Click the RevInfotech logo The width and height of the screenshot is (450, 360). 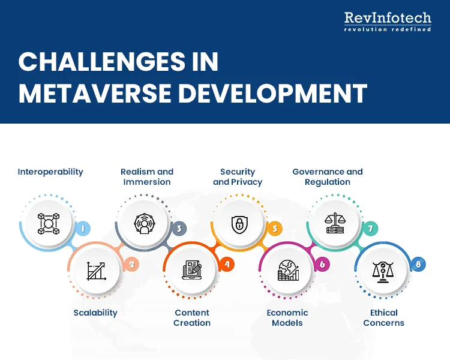388,22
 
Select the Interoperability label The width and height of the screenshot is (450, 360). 50,172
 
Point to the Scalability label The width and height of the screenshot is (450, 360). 95,313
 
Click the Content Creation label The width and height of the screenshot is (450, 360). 192,317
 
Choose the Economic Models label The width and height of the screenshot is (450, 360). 287,317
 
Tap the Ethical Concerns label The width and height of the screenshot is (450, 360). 384,317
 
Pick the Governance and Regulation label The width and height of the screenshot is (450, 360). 328,176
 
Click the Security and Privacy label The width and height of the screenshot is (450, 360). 238,176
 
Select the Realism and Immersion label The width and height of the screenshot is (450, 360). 147,176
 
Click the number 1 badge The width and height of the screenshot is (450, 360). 82,228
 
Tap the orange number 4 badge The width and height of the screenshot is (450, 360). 226,263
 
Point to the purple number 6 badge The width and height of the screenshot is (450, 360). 322,263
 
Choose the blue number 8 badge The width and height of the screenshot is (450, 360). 418,263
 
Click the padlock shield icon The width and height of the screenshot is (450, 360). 239,224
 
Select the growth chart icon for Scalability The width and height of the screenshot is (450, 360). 96,271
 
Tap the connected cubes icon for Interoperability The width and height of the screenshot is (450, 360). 47,223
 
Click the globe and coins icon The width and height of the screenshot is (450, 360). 288,271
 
